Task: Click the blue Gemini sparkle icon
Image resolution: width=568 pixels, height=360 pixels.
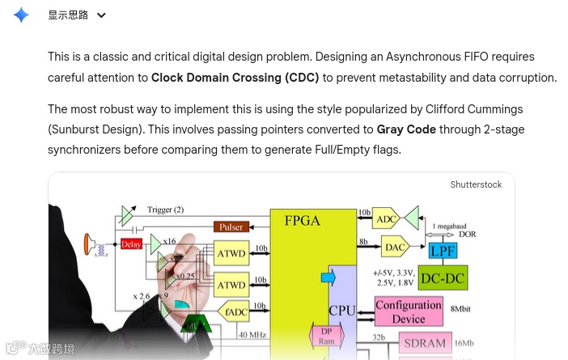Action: [x=21, y=15]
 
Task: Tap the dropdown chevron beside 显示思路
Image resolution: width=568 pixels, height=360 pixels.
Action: [x=101, y=15]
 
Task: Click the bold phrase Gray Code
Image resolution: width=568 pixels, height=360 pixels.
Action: [x=406, y=129]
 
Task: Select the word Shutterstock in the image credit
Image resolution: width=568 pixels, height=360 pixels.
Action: [x=476, y=184]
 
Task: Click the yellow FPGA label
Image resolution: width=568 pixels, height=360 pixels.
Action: [x=302, y=220]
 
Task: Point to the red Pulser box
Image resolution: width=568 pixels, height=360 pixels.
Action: [x=231, y=227]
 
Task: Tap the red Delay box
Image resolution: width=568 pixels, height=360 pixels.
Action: [x=131, y=244]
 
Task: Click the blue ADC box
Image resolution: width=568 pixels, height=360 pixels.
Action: [x=388, y=219]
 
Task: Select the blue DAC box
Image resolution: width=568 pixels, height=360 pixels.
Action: [x=395, y=247]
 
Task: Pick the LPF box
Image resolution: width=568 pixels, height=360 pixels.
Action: [x=443, y=251]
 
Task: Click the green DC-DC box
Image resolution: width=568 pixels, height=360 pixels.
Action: [x=443, y=278]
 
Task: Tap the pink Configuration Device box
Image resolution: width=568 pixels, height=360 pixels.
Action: [x=409, y=311]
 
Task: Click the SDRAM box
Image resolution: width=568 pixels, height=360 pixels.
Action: [x=425, y=343]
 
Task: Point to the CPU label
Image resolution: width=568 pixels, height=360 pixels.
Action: [x=341, y=310]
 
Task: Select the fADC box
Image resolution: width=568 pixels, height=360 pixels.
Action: [x=236, y=312]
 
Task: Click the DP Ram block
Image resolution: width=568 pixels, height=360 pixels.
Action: [x=327, y=336]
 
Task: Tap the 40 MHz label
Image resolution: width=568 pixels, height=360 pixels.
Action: [x=252, y=334]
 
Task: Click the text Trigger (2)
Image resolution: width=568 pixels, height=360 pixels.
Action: [x=165, y=210]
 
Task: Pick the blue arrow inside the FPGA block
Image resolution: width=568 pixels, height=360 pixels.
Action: [x=328, y=278]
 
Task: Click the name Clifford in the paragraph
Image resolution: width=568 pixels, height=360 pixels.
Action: [x=447, y=109]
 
